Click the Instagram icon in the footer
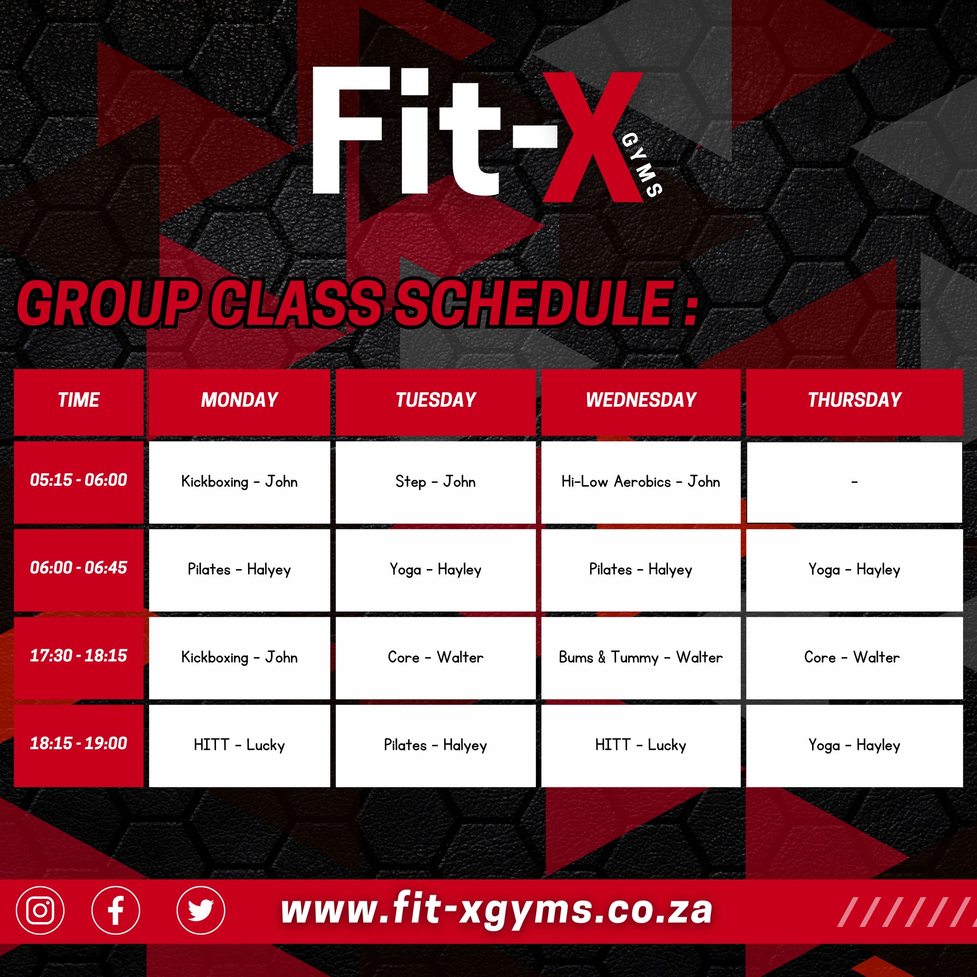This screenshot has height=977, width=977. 40,910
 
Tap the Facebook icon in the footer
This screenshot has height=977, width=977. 116,910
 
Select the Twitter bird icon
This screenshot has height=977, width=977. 201,910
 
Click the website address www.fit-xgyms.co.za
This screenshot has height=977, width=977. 497,910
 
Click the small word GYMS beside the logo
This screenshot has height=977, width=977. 641,165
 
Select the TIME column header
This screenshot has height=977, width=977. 78,400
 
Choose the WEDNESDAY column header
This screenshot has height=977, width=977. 641,400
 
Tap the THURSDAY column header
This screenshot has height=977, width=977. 854,400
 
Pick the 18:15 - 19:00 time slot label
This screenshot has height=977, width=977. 78,743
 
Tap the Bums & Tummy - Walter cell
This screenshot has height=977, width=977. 641,658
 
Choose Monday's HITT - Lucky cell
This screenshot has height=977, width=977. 239,745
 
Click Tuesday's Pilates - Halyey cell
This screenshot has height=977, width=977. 435,745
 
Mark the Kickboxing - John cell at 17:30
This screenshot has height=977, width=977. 239,658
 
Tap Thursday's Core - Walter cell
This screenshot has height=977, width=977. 854,658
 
